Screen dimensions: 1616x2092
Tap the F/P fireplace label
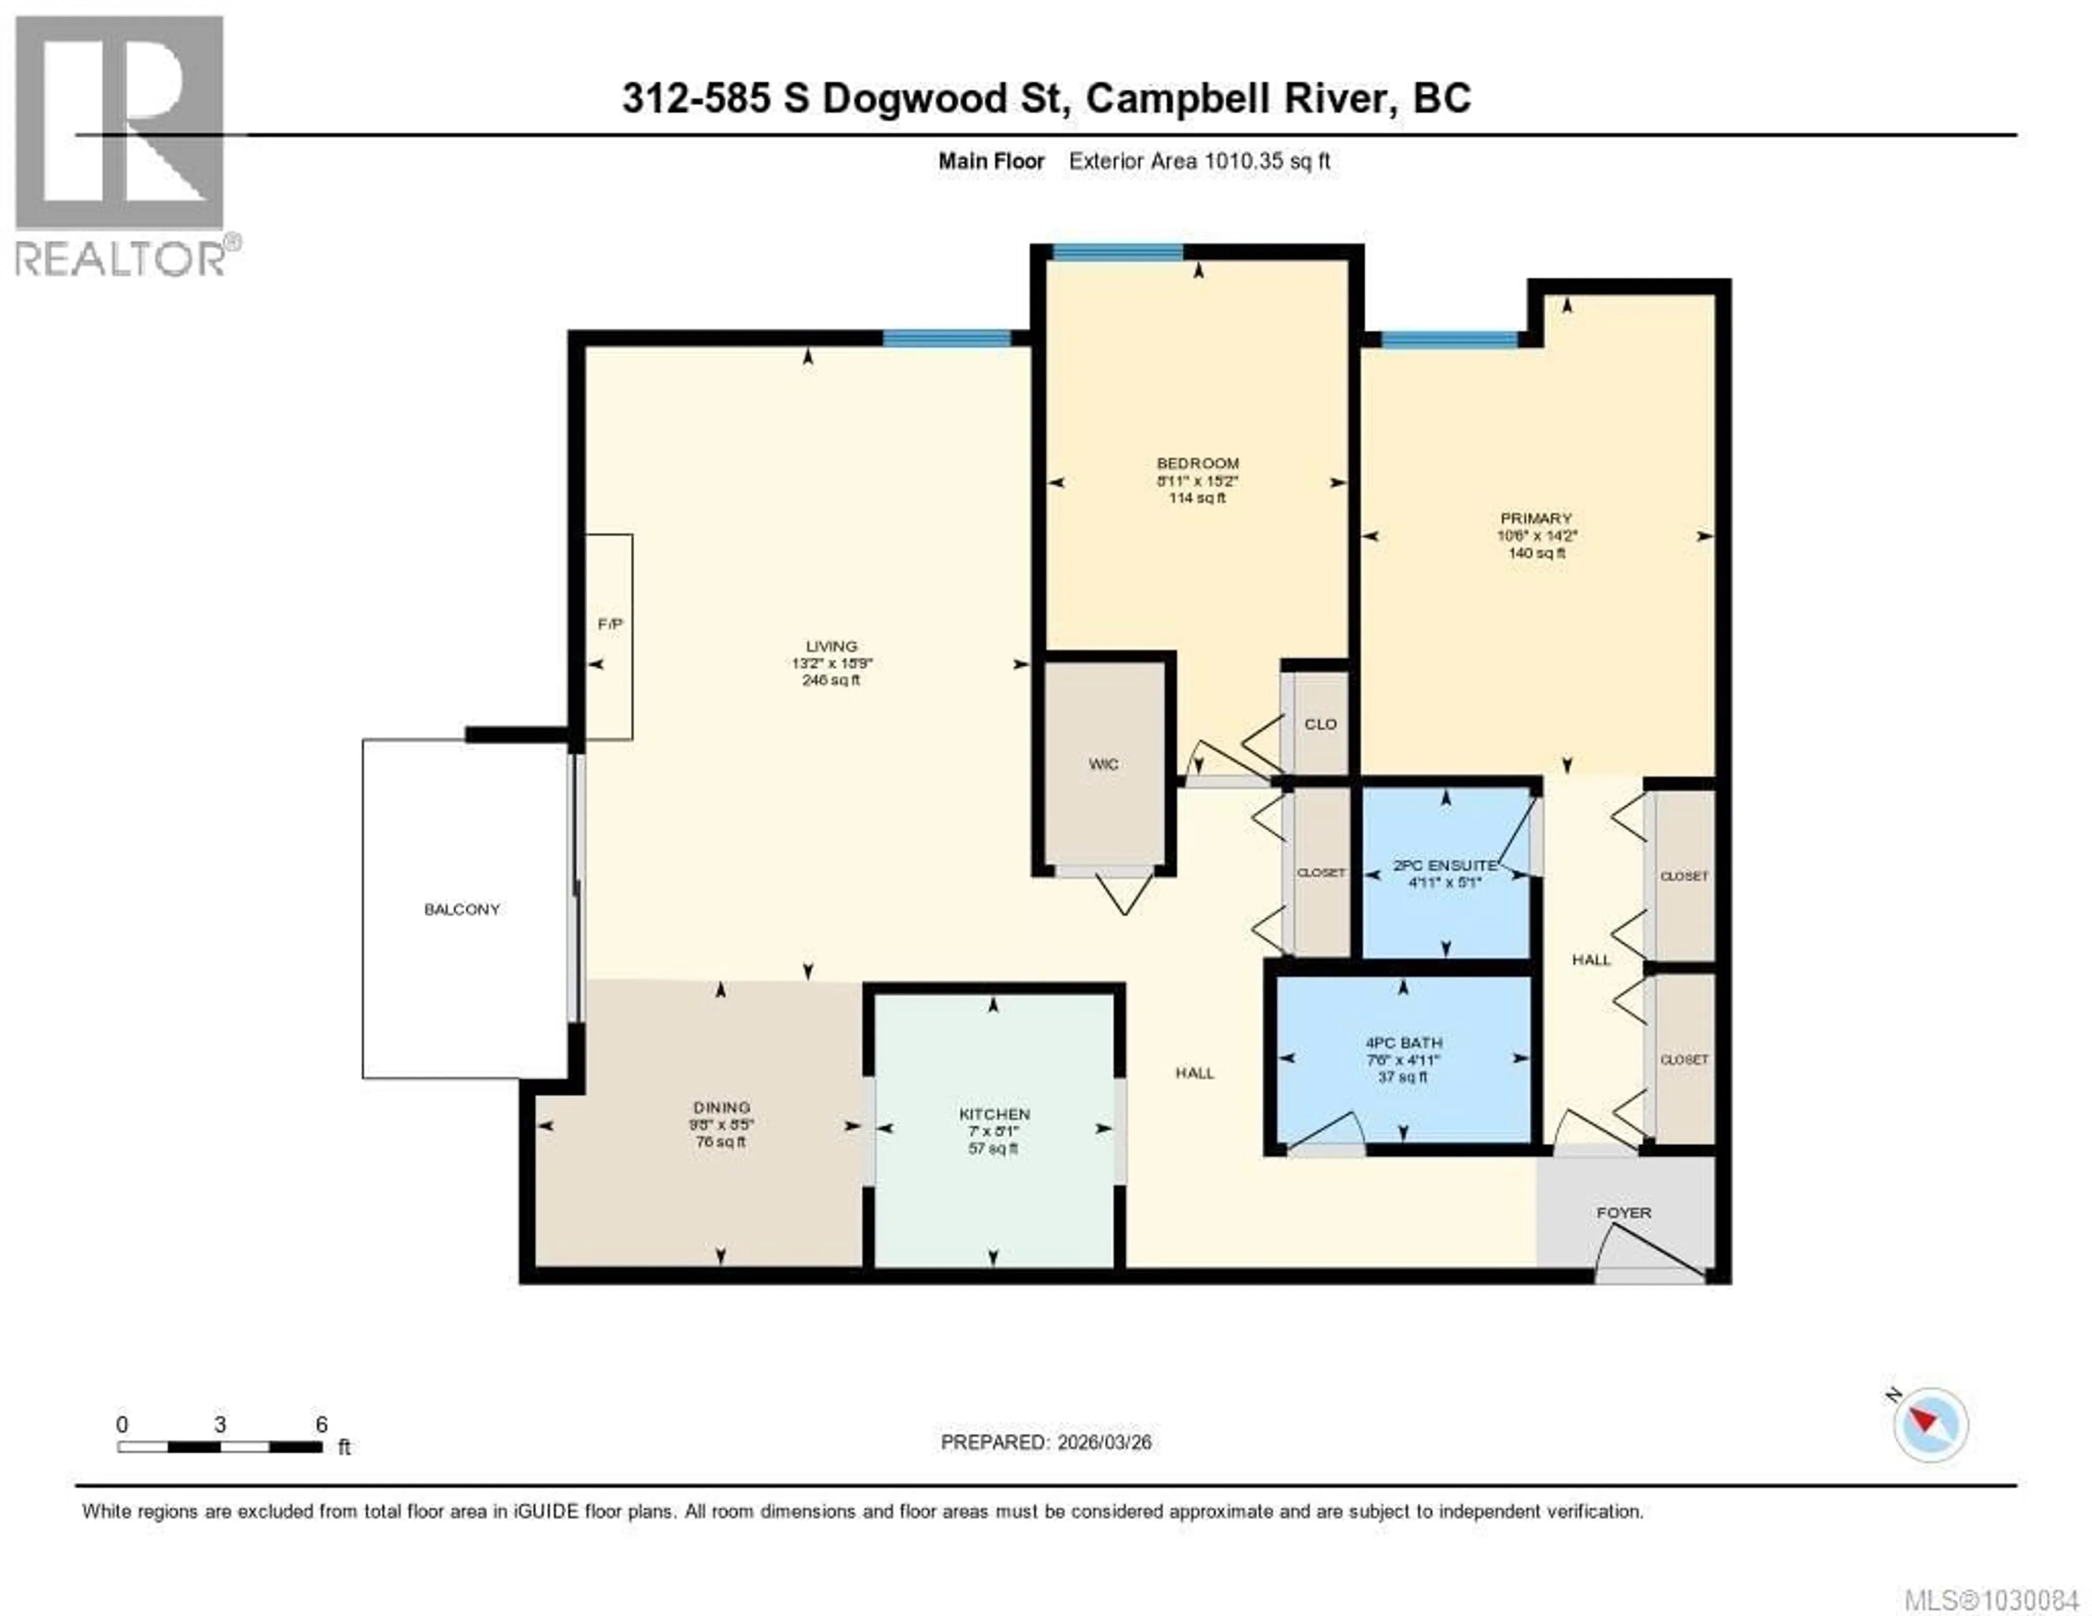(610, 624)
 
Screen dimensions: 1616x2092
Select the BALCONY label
(461, 909)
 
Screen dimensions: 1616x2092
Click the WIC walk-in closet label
(1103, 763)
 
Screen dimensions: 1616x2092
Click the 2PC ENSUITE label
(1444, 865)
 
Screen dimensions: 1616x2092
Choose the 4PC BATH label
(1403, 1042)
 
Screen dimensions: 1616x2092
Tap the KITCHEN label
(994, 1114)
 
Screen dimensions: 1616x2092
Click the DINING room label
(721, 1107)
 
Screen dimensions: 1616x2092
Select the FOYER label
(1623, 1213)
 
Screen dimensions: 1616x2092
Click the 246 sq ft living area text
(830, 680)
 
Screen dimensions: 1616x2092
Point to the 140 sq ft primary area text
(1536, 552)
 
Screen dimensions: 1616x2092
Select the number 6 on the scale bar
(322, 1424)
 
